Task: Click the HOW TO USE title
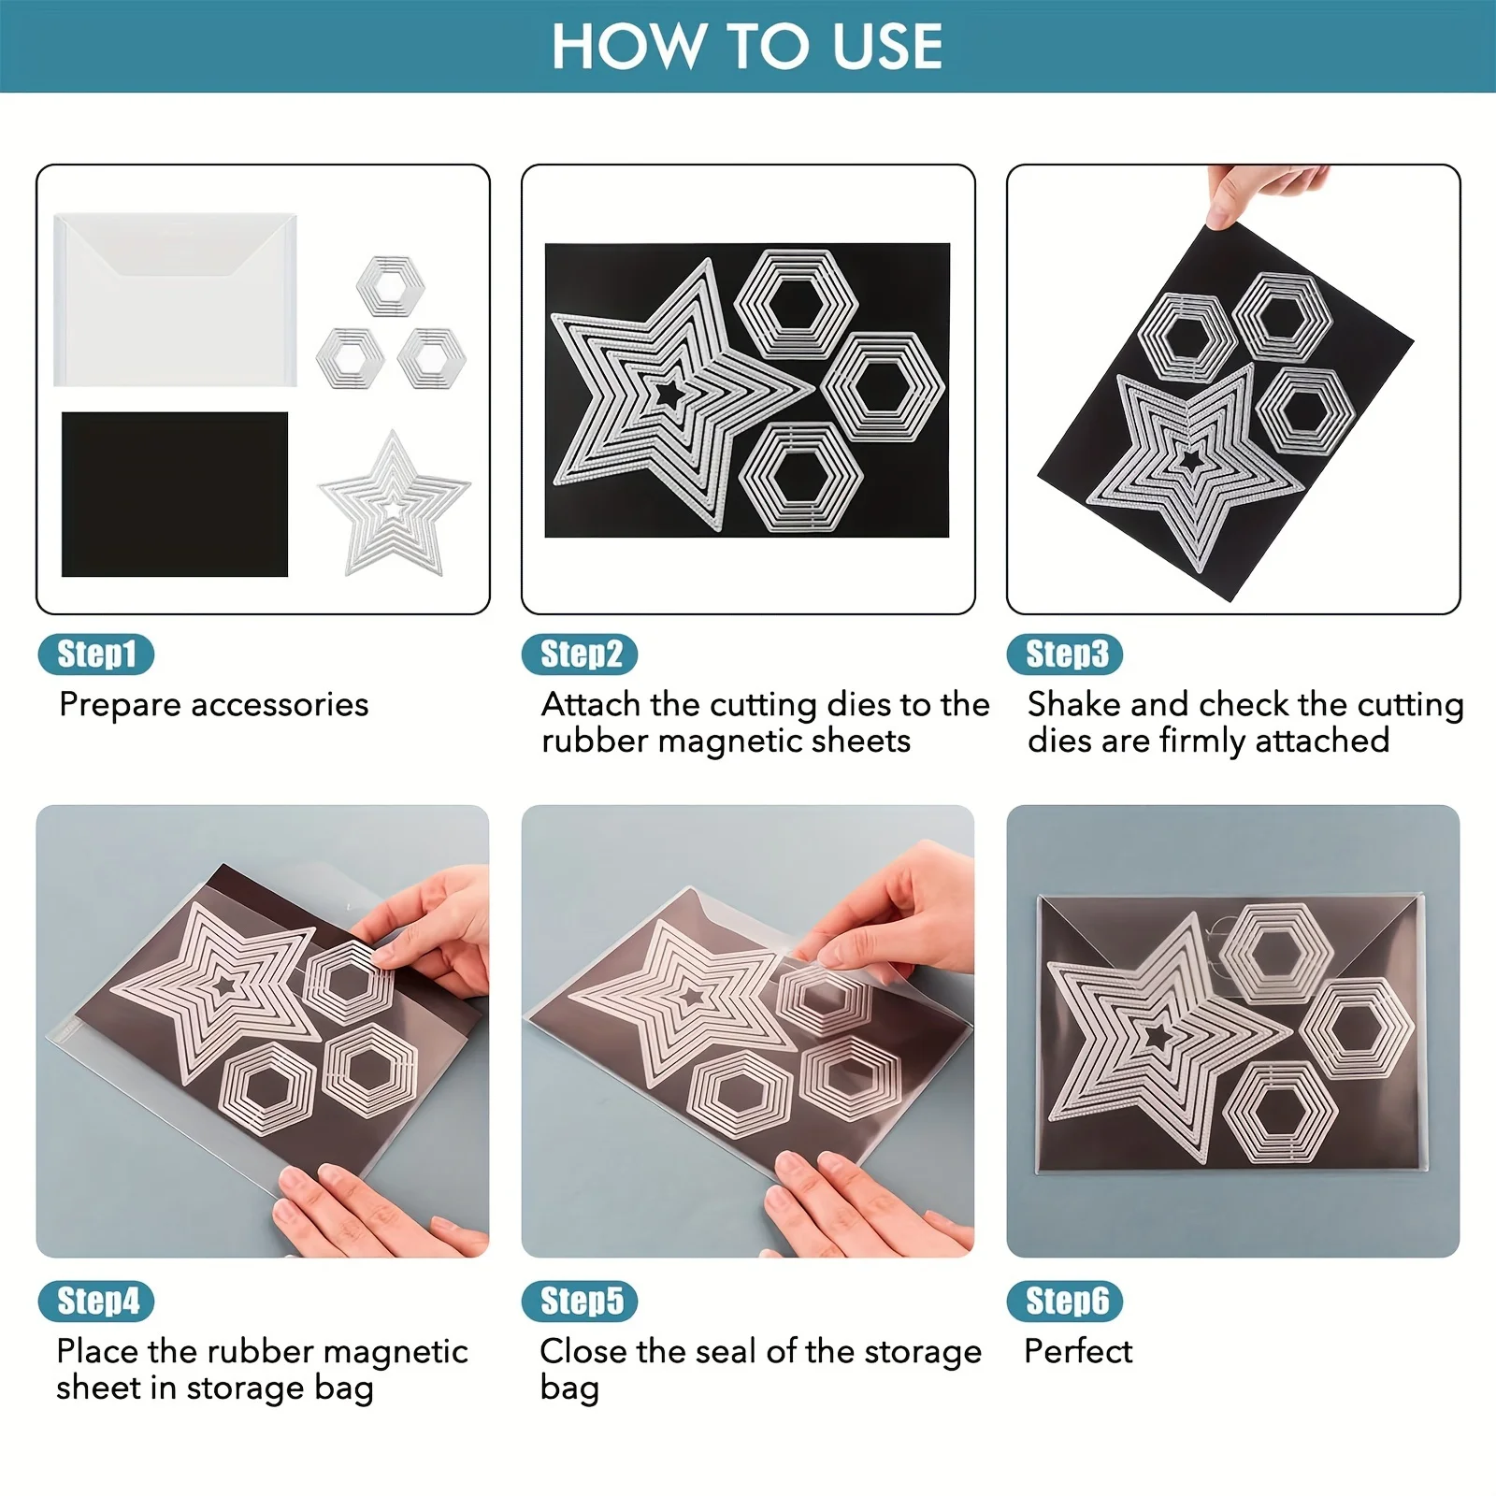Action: tap(746, 47)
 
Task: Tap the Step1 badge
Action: tap(96, 654)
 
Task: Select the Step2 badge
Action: tap(580, 654)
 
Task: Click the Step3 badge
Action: tap(1065, 654)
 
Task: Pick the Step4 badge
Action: tap(96, 1302)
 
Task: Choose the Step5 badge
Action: tap(580, 1302)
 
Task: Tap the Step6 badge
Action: tap(1065, 1302)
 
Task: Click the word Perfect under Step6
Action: tap(1078, 1351)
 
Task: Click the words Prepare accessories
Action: tap(213, 704)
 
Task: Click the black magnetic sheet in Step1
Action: tap(175, 494)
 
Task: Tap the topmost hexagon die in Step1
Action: tap(390, 285)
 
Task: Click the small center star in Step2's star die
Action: tap(668, 394)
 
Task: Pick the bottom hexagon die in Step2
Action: tap(800, 477)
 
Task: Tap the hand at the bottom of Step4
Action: tap(374, 1211)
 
